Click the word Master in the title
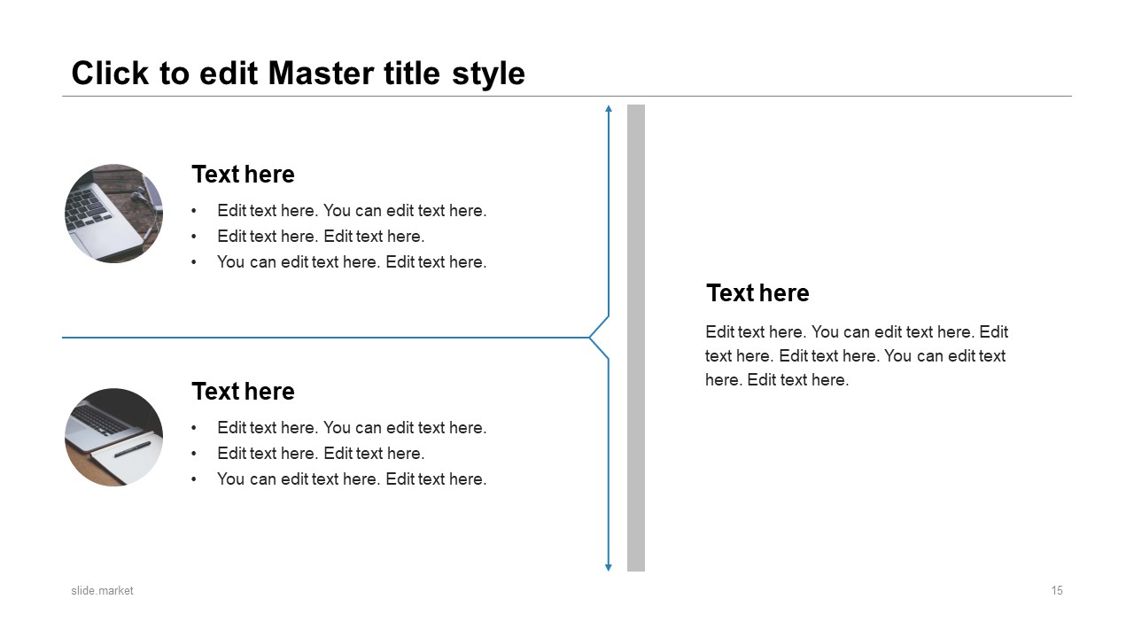(x=321, y=74)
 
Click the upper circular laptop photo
(x=114, y=214)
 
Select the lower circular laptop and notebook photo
(x=114, y=438)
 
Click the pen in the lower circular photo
(x=133, y=449)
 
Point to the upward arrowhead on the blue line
(x=609, y=108)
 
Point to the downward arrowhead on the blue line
(x=609, y=568)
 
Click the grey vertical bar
(x=636, y=338)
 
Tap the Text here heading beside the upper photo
(x=243, y=175)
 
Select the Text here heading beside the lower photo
(x=243, y=392)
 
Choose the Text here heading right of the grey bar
(x=757, y=293)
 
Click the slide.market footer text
(x=102, y=591)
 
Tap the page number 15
(x=1057, y=591)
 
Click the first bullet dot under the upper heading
(x=194, y=211)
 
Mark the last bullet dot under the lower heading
(x=194, y=479)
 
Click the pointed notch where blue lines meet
(x=590, y=338)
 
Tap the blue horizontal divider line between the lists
(x=325, y=338)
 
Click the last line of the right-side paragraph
(x=777, y=380)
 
